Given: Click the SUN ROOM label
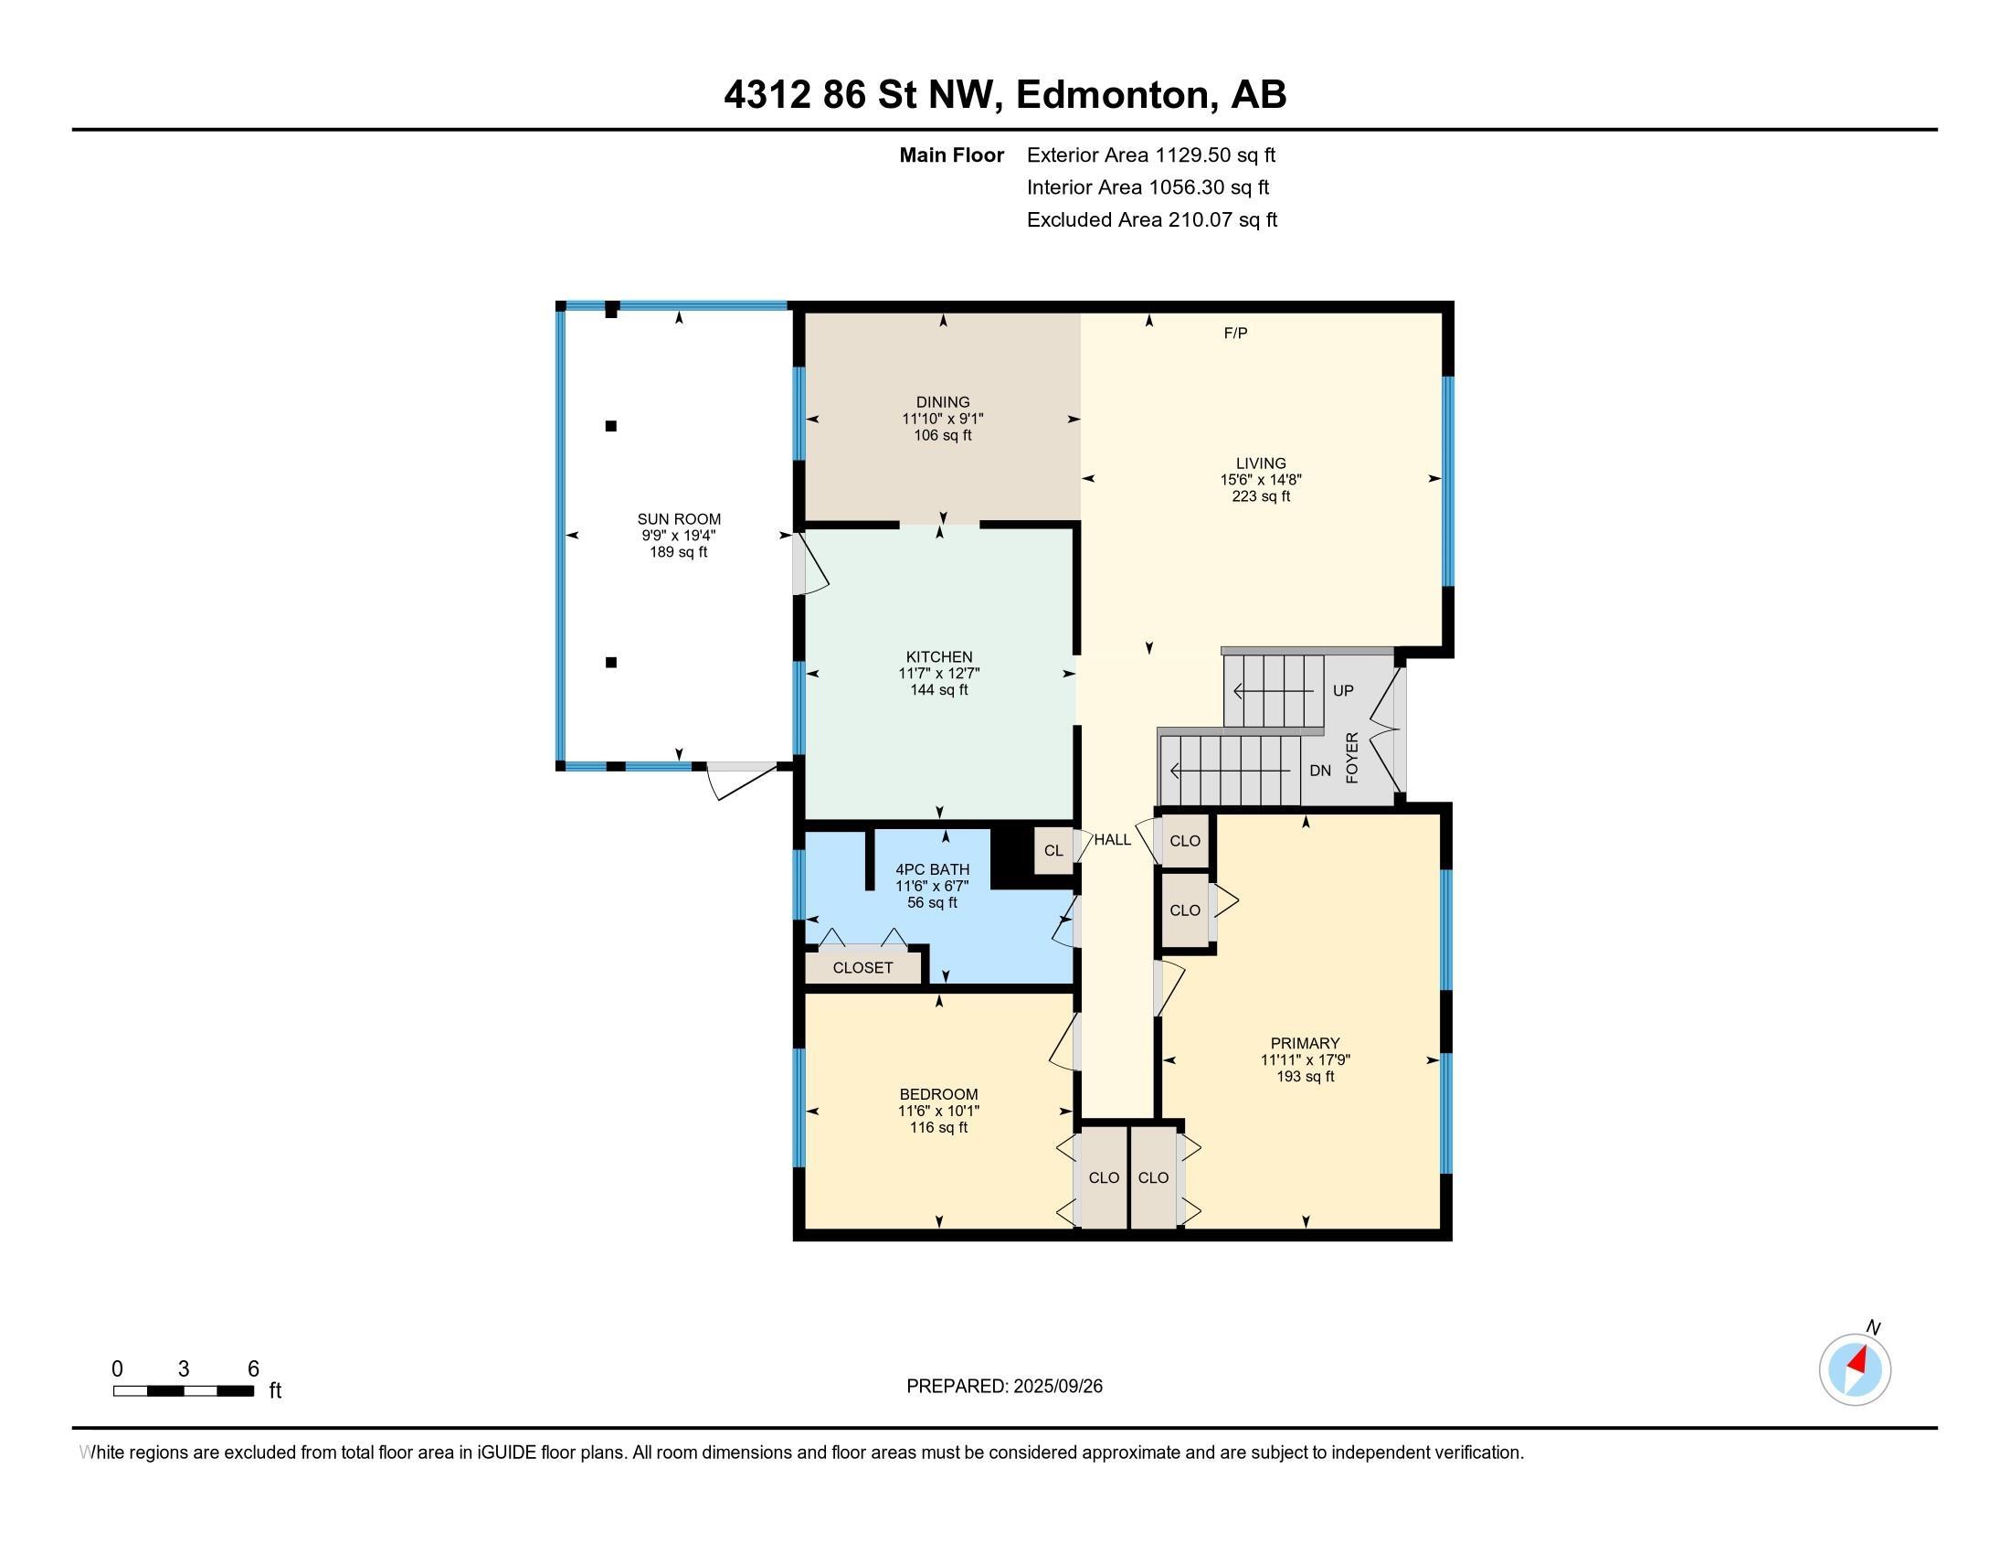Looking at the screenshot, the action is click(x=679, y=519).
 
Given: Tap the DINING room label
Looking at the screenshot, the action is click(x=943, y=402).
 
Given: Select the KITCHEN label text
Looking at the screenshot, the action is click(x=938, y=657).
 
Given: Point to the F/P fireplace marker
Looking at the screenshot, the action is click(x=1235, y=334).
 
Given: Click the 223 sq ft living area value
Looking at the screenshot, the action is click(x=1261, y=496).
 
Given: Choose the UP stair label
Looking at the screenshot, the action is click(x=1343, y=690).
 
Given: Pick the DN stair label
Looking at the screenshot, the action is click(x=1320, y=771).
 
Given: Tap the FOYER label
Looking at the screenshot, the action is click(x=1352, y=758).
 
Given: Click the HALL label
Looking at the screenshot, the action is click(x=1112, y=839).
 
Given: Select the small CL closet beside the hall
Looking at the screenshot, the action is click(x=1053, y=851).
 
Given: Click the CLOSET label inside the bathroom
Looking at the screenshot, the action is click(x=862, y=967).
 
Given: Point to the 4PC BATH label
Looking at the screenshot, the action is click(x=932, y=870).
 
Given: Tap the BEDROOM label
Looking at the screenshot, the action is click(x=938, y=1094).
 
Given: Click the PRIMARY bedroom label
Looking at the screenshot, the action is click(x=1305, y=1043).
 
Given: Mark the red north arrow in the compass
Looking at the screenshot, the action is click(x=1857, y=1361).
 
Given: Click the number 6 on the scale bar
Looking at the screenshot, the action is click(x=253, y=1369).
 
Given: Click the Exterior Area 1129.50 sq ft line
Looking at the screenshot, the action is click(x=1150, y=154).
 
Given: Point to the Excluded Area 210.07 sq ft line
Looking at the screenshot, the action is click(x=1151, y=219).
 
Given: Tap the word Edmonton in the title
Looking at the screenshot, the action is click(x=1113, y=94).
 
